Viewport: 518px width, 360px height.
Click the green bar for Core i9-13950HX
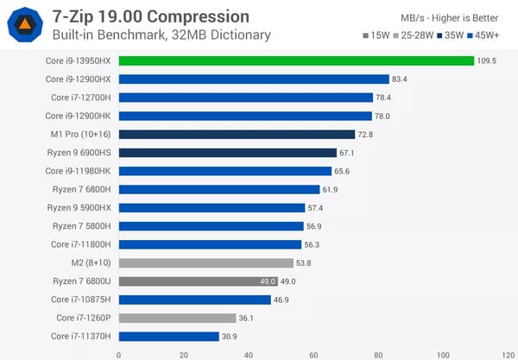pos(296,60)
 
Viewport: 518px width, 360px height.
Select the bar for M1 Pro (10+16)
pos(237,134)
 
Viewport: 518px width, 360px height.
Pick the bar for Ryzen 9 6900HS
pos(227,153)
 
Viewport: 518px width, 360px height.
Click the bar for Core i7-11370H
pos(168,336)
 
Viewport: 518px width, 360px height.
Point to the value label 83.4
pos(400,79)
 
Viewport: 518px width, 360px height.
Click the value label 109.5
pos(489,60)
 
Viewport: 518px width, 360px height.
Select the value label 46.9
pos(281,300)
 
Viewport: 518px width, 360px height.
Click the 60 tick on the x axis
pos(313,353)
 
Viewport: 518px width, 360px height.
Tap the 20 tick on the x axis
pos(183,353)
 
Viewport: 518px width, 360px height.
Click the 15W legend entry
pos(376,36)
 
